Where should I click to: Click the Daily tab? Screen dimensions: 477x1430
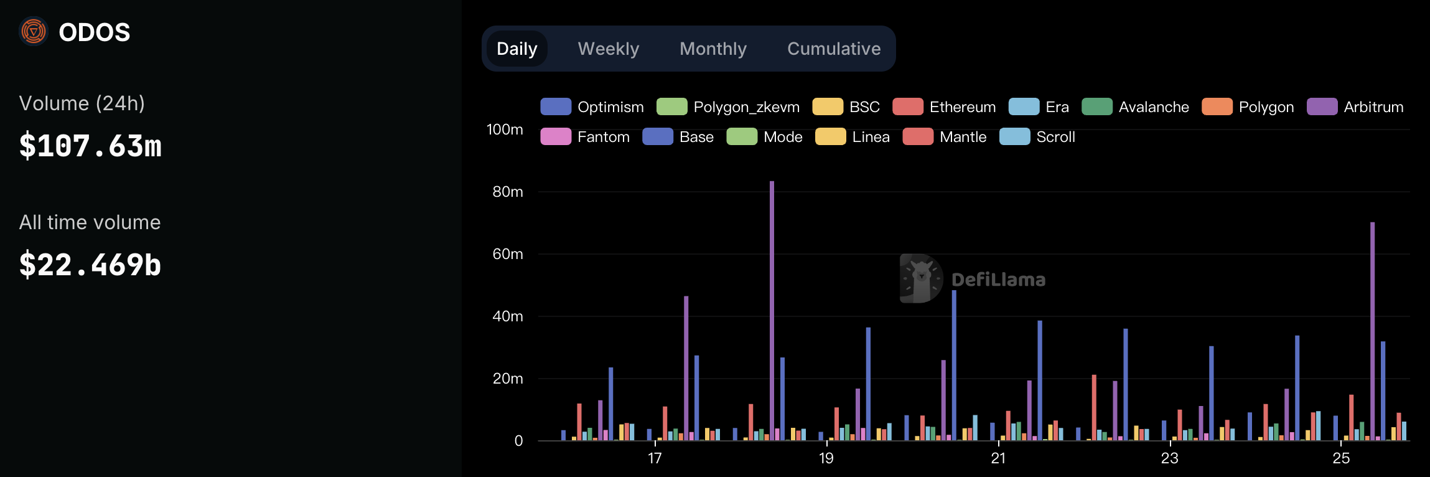tap(516, 49)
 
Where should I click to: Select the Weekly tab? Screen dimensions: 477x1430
tap(608, 49)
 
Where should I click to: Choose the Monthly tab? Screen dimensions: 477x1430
tap(713, 49)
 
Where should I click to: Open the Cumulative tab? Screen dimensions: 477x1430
tap(833, 49)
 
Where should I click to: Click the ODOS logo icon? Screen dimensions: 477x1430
tap(34, 31)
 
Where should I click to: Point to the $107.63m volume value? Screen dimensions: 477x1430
tap(90, 146)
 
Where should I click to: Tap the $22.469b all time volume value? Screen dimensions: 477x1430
tap(90, 265)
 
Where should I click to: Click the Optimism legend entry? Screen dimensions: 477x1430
tap(592, 107)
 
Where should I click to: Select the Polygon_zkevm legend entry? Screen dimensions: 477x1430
tap(727, 107)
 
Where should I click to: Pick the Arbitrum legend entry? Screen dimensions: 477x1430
tap(1355, 107)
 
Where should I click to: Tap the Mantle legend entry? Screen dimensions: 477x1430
tap(944, 137)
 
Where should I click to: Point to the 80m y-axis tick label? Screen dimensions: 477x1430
tap(507, 192)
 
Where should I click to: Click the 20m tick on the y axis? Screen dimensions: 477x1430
tap(507, 379)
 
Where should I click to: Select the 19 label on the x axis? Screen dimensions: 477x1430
tap(826, 458)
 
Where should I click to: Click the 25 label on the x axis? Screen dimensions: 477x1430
tap(1341, 458)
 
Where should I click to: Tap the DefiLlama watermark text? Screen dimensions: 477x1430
tap(998, 280)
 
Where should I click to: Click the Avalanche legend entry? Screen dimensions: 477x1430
tap(1135, 107)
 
